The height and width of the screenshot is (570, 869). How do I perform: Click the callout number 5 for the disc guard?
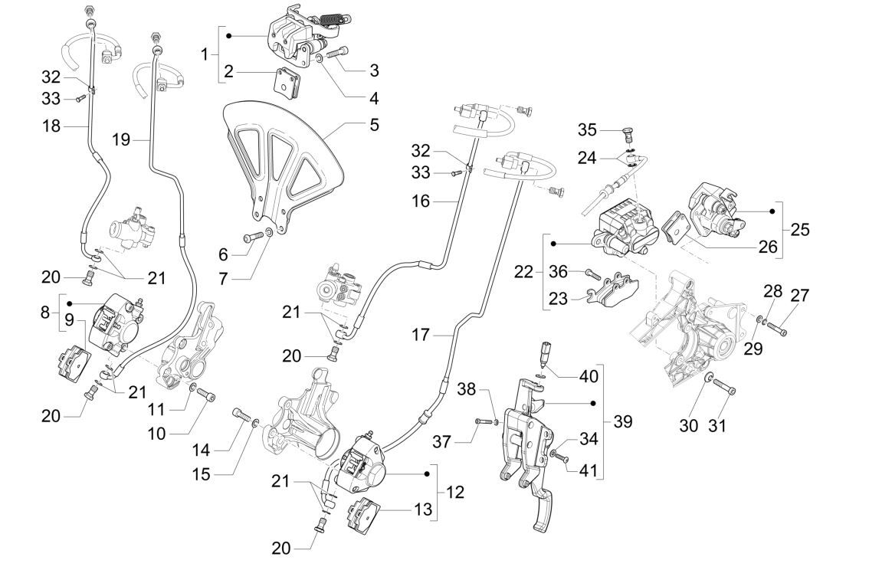coord(374,123)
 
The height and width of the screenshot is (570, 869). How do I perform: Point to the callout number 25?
coord(801,229)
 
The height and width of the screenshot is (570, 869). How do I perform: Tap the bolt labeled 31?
coord(724,388)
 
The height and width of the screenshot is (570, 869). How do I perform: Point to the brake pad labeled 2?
coord(287,84)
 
